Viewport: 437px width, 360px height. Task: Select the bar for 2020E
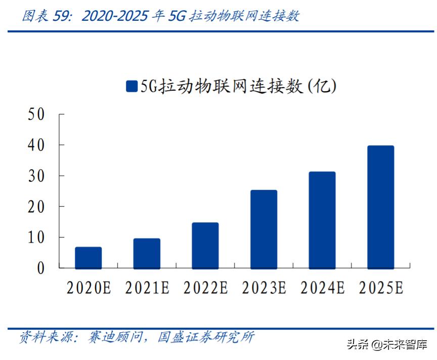[88, 258]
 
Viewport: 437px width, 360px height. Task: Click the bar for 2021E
[147, 253]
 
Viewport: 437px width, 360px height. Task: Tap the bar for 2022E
[205, 246]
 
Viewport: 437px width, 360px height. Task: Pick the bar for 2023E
[264, 229]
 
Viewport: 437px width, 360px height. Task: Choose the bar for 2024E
[322, 220]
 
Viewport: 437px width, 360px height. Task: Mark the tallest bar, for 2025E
[380, 207]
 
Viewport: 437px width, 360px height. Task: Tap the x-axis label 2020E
[89, 288]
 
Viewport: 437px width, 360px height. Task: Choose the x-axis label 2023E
[264, 288]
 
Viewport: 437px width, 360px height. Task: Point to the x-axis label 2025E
[381, 288]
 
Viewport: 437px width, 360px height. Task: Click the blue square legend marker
[132, 87]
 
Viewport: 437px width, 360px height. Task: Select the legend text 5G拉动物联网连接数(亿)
[238, 87]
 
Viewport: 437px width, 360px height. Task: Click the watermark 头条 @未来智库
[385, 345]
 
